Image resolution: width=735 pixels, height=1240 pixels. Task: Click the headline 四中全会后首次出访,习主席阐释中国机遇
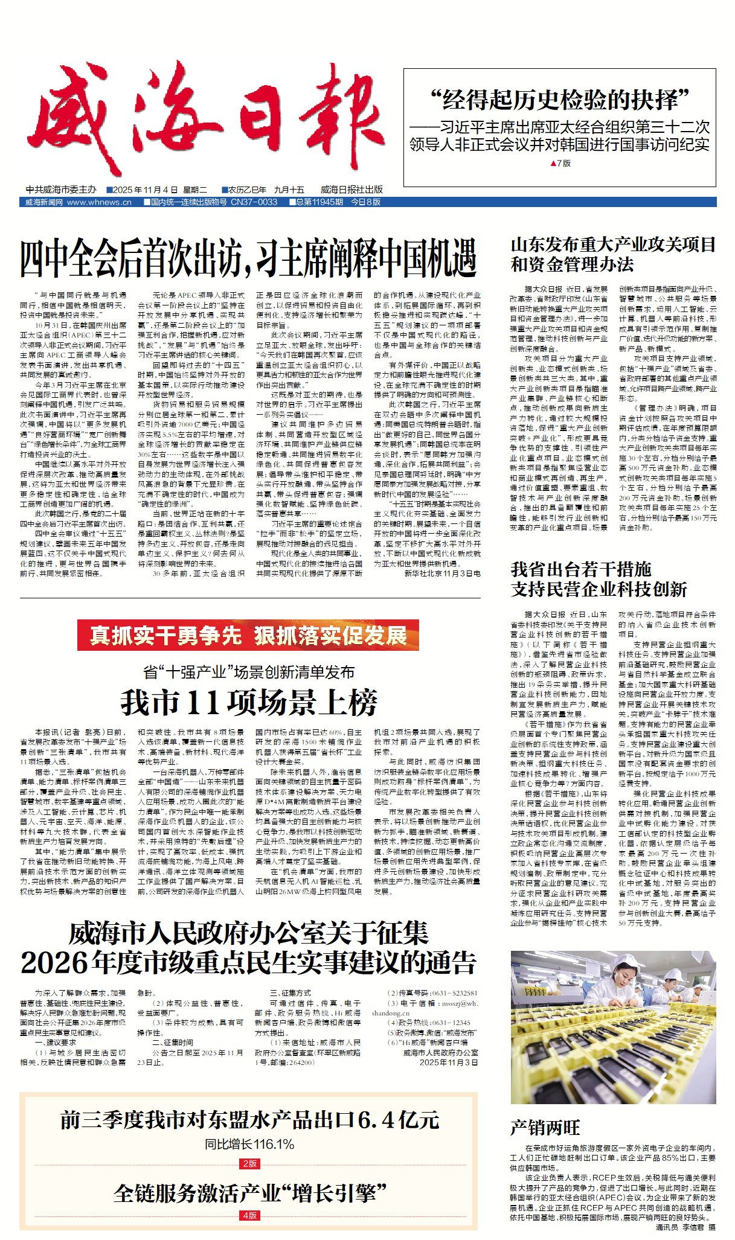(248, 259)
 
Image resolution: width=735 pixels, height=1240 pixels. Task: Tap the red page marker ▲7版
(560, 163)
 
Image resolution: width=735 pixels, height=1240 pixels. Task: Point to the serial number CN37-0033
(254, 202)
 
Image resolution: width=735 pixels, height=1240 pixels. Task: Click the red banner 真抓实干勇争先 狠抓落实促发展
(248, 636)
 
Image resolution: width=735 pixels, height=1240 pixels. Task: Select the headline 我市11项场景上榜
(249, 701)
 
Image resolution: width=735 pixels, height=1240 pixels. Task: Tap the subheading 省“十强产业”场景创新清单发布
(248, 672)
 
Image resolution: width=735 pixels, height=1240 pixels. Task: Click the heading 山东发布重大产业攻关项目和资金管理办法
(613, 255)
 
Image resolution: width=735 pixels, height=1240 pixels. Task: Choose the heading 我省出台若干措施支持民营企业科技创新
(599, 579)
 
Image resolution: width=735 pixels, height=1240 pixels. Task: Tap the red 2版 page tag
(249, 1163)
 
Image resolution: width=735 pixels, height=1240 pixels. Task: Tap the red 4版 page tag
(249, 1215)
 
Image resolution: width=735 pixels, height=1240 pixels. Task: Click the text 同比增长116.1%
(249, 1145)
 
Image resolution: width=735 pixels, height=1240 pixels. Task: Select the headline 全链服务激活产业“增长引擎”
(249, 1194)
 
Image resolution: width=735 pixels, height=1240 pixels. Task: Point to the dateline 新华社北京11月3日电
(442, 574)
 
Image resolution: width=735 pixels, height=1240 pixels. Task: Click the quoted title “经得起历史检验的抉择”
(559, 100)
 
